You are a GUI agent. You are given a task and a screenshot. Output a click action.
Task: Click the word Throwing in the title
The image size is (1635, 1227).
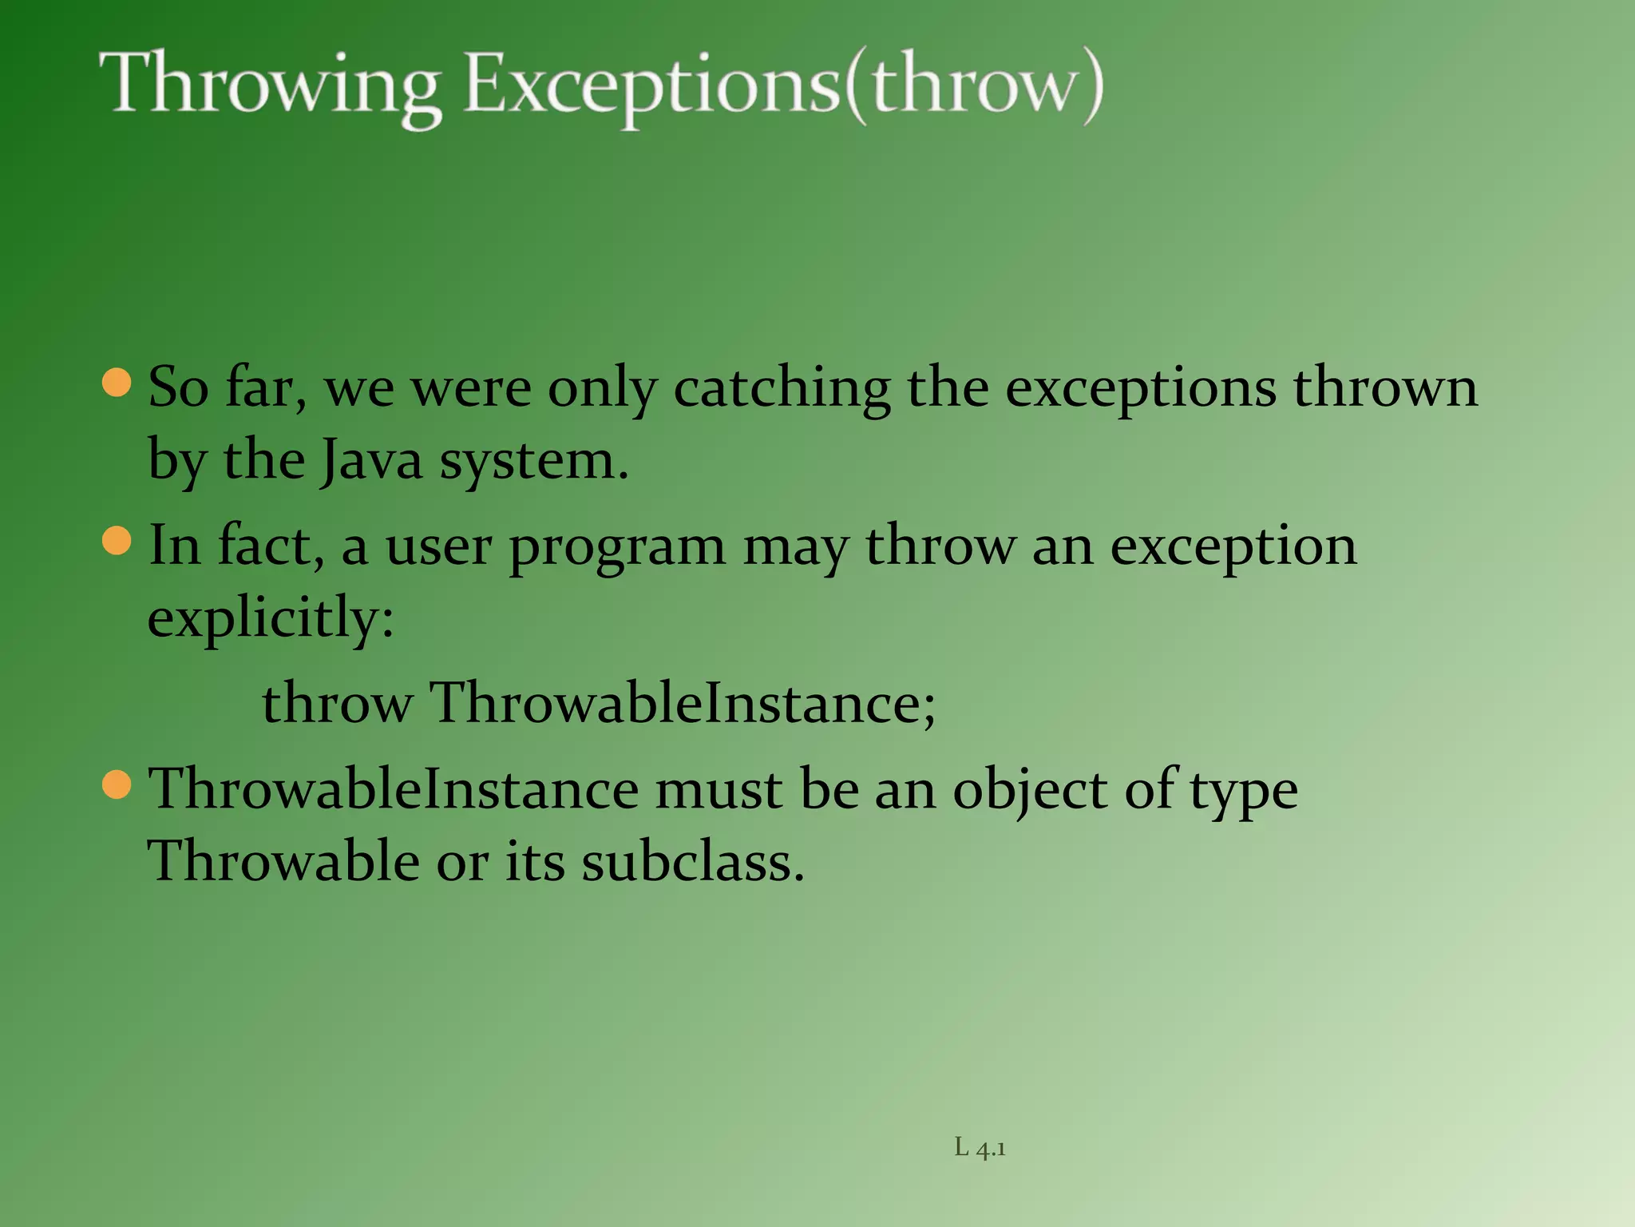(x=270, y=86)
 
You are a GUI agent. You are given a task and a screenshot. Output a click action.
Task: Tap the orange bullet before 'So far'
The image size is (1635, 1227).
(x=117, y=383)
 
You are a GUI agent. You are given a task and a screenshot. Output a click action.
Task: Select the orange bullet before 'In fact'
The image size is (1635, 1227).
(x=117, y=541)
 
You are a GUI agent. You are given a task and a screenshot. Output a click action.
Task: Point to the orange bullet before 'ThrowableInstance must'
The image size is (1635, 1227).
(x=117, y=784)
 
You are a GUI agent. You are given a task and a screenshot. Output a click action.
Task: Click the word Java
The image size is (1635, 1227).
(x=371, y=462)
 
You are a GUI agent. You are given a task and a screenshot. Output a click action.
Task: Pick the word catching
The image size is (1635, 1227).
(x=782, y=389)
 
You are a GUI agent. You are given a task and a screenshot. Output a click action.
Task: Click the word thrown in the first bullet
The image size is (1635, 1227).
(x=1385, y=387)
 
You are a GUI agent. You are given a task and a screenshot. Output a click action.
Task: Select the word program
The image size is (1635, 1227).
(x=617, y=549)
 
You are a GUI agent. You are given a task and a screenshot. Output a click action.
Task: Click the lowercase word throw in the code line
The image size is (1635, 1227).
(x=337, y=704)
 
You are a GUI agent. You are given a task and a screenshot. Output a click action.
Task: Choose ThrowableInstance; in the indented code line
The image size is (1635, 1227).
(x=683, y=704)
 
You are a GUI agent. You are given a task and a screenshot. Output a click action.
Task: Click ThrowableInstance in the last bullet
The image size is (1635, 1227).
(x=394, y=789)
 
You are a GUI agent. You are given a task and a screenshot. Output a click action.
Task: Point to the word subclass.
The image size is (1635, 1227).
(x=692, y=863)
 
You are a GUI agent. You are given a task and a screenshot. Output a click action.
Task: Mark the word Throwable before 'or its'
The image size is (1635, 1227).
(x=283, y=863)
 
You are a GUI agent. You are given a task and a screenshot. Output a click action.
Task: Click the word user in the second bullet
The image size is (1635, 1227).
(x=438, y=547)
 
